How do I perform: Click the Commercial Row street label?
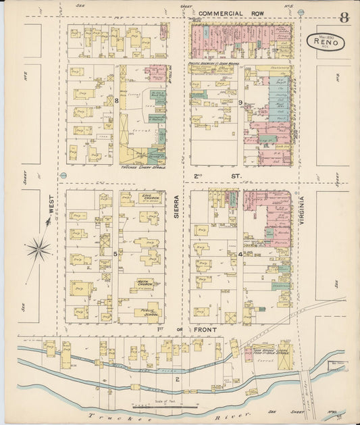232,13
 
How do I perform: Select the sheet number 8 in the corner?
344,18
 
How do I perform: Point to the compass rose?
38,250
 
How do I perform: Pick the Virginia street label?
303,209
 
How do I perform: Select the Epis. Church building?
147,198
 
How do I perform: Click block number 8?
116,101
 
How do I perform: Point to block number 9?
240,102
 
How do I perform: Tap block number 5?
115,253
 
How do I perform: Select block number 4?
240,254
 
